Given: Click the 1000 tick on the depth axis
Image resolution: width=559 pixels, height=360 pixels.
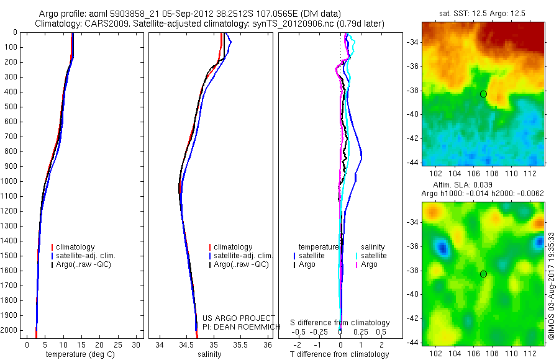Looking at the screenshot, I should (11, 181).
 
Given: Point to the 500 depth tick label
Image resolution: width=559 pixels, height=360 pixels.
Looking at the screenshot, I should (11, 107).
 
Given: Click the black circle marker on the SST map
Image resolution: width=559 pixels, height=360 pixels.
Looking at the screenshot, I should (483, 94).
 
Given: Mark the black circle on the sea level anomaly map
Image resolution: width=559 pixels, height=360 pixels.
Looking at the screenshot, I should (483, 274).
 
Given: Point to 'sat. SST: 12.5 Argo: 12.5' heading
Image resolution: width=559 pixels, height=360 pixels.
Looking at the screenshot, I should (483, 12).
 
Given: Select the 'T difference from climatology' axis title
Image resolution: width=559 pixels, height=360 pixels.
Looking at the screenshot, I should (340, 354).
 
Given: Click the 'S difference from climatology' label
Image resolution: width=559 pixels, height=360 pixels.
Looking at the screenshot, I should (340, 323).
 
